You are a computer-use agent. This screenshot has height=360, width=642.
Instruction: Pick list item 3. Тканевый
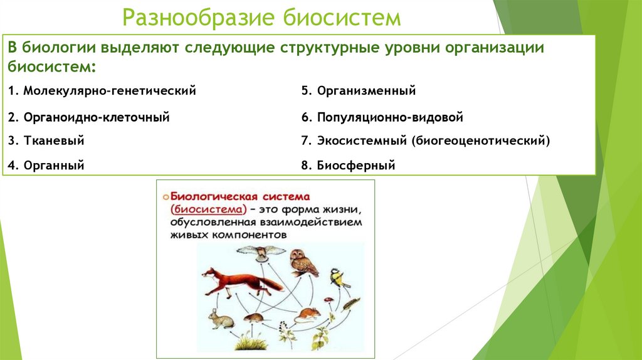[x=46, y=141]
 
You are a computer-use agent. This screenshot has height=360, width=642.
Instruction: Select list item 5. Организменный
[x=358, y=91]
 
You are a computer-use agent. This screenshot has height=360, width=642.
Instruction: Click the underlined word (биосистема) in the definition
[x=206, y=209]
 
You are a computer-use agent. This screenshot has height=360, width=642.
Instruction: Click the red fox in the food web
[x=239, y=282]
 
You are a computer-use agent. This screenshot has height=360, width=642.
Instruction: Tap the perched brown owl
[x=303, y=262]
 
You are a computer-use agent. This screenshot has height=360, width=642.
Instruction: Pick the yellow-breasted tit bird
[x=340, y=278]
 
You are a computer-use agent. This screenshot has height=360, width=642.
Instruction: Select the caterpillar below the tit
[x=350, y=303]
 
